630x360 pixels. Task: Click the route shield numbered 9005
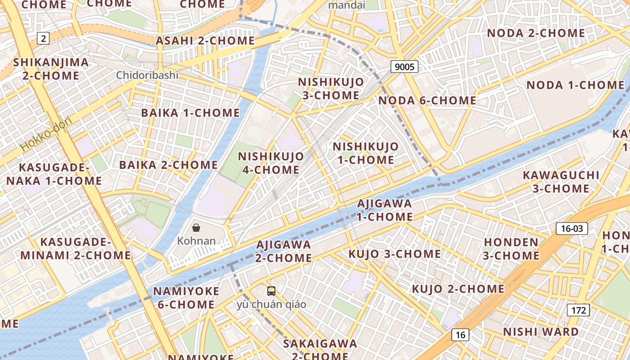(x=405, y=67)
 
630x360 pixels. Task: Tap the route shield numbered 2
(x=43, y=38)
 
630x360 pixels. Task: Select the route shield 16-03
(x=572, y=229)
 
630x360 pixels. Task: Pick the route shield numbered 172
(x=578, y=310)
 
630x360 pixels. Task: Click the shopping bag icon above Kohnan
(x=196, y=228)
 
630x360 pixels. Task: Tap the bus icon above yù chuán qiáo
(x=271, y=291)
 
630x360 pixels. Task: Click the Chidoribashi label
(x=147, y=75)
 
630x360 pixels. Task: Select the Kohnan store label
(x=196, y=241)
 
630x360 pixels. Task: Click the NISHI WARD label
(x=541, y=332)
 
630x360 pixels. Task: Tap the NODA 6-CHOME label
(x=427, y=100)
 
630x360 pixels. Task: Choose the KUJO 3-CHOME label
(x=395, y=254)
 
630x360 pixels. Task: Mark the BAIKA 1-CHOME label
(x=190, y=112)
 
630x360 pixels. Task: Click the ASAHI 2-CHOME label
(x=205, y=40)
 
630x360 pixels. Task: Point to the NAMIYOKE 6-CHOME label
(x=186, y=298)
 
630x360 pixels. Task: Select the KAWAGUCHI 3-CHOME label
(x=561, y=182)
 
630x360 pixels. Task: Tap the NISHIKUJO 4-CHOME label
(x=271, y=163)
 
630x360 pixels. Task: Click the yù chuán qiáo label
(x=271, y=305)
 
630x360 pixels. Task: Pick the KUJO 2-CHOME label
(x=458, y=289)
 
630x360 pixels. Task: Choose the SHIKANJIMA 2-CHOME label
(x=51, y=69)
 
